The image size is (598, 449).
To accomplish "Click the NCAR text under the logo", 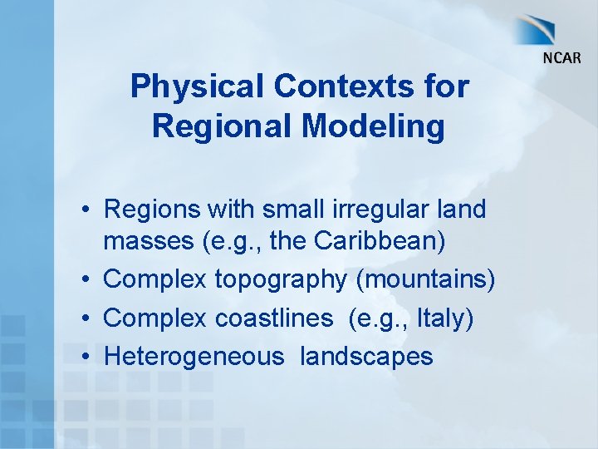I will click(561, 58).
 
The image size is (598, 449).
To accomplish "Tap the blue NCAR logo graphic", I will click(544, 31).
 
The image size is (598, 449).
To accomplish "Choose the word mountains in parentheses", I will click(424, 280).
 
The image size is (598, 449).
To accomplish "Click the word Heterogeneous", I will click(194, 357).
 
